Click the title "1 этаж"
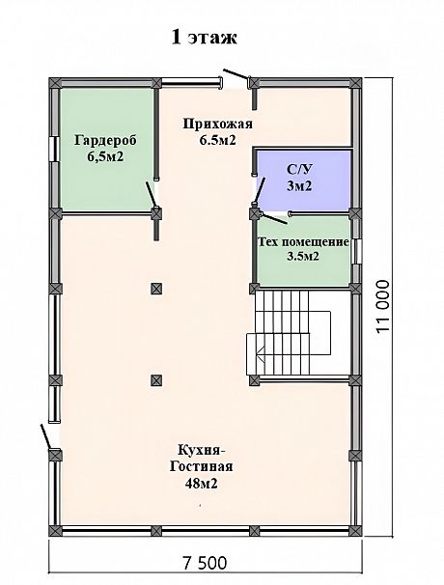click(204, 38)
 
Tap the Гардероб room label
click(105, 141)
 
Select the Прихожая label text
click(218, 124)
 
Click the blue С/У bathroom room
click(303, 180)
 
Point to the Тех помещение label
click(304, 242)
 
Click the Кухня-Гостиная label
click(202, 458)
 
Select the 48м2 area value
click(202, 484)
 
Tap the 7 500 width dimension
click(205, 562)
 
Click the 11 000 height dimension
click(383, 306)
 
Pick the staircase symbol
click(289, 332)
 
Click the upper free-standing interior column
click(156, 289)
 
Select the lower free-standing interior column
click(156, 380)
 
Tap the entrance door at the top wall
click(236, 74)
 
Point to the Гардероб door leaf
click(151, 194)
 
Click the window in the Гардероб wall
click(55, 149)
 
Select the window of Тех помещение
click(357, 251)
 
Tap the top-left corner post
click(55, 83)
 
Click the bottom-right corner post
click(355, 531)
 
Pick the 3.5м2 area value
click(303, 257)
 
